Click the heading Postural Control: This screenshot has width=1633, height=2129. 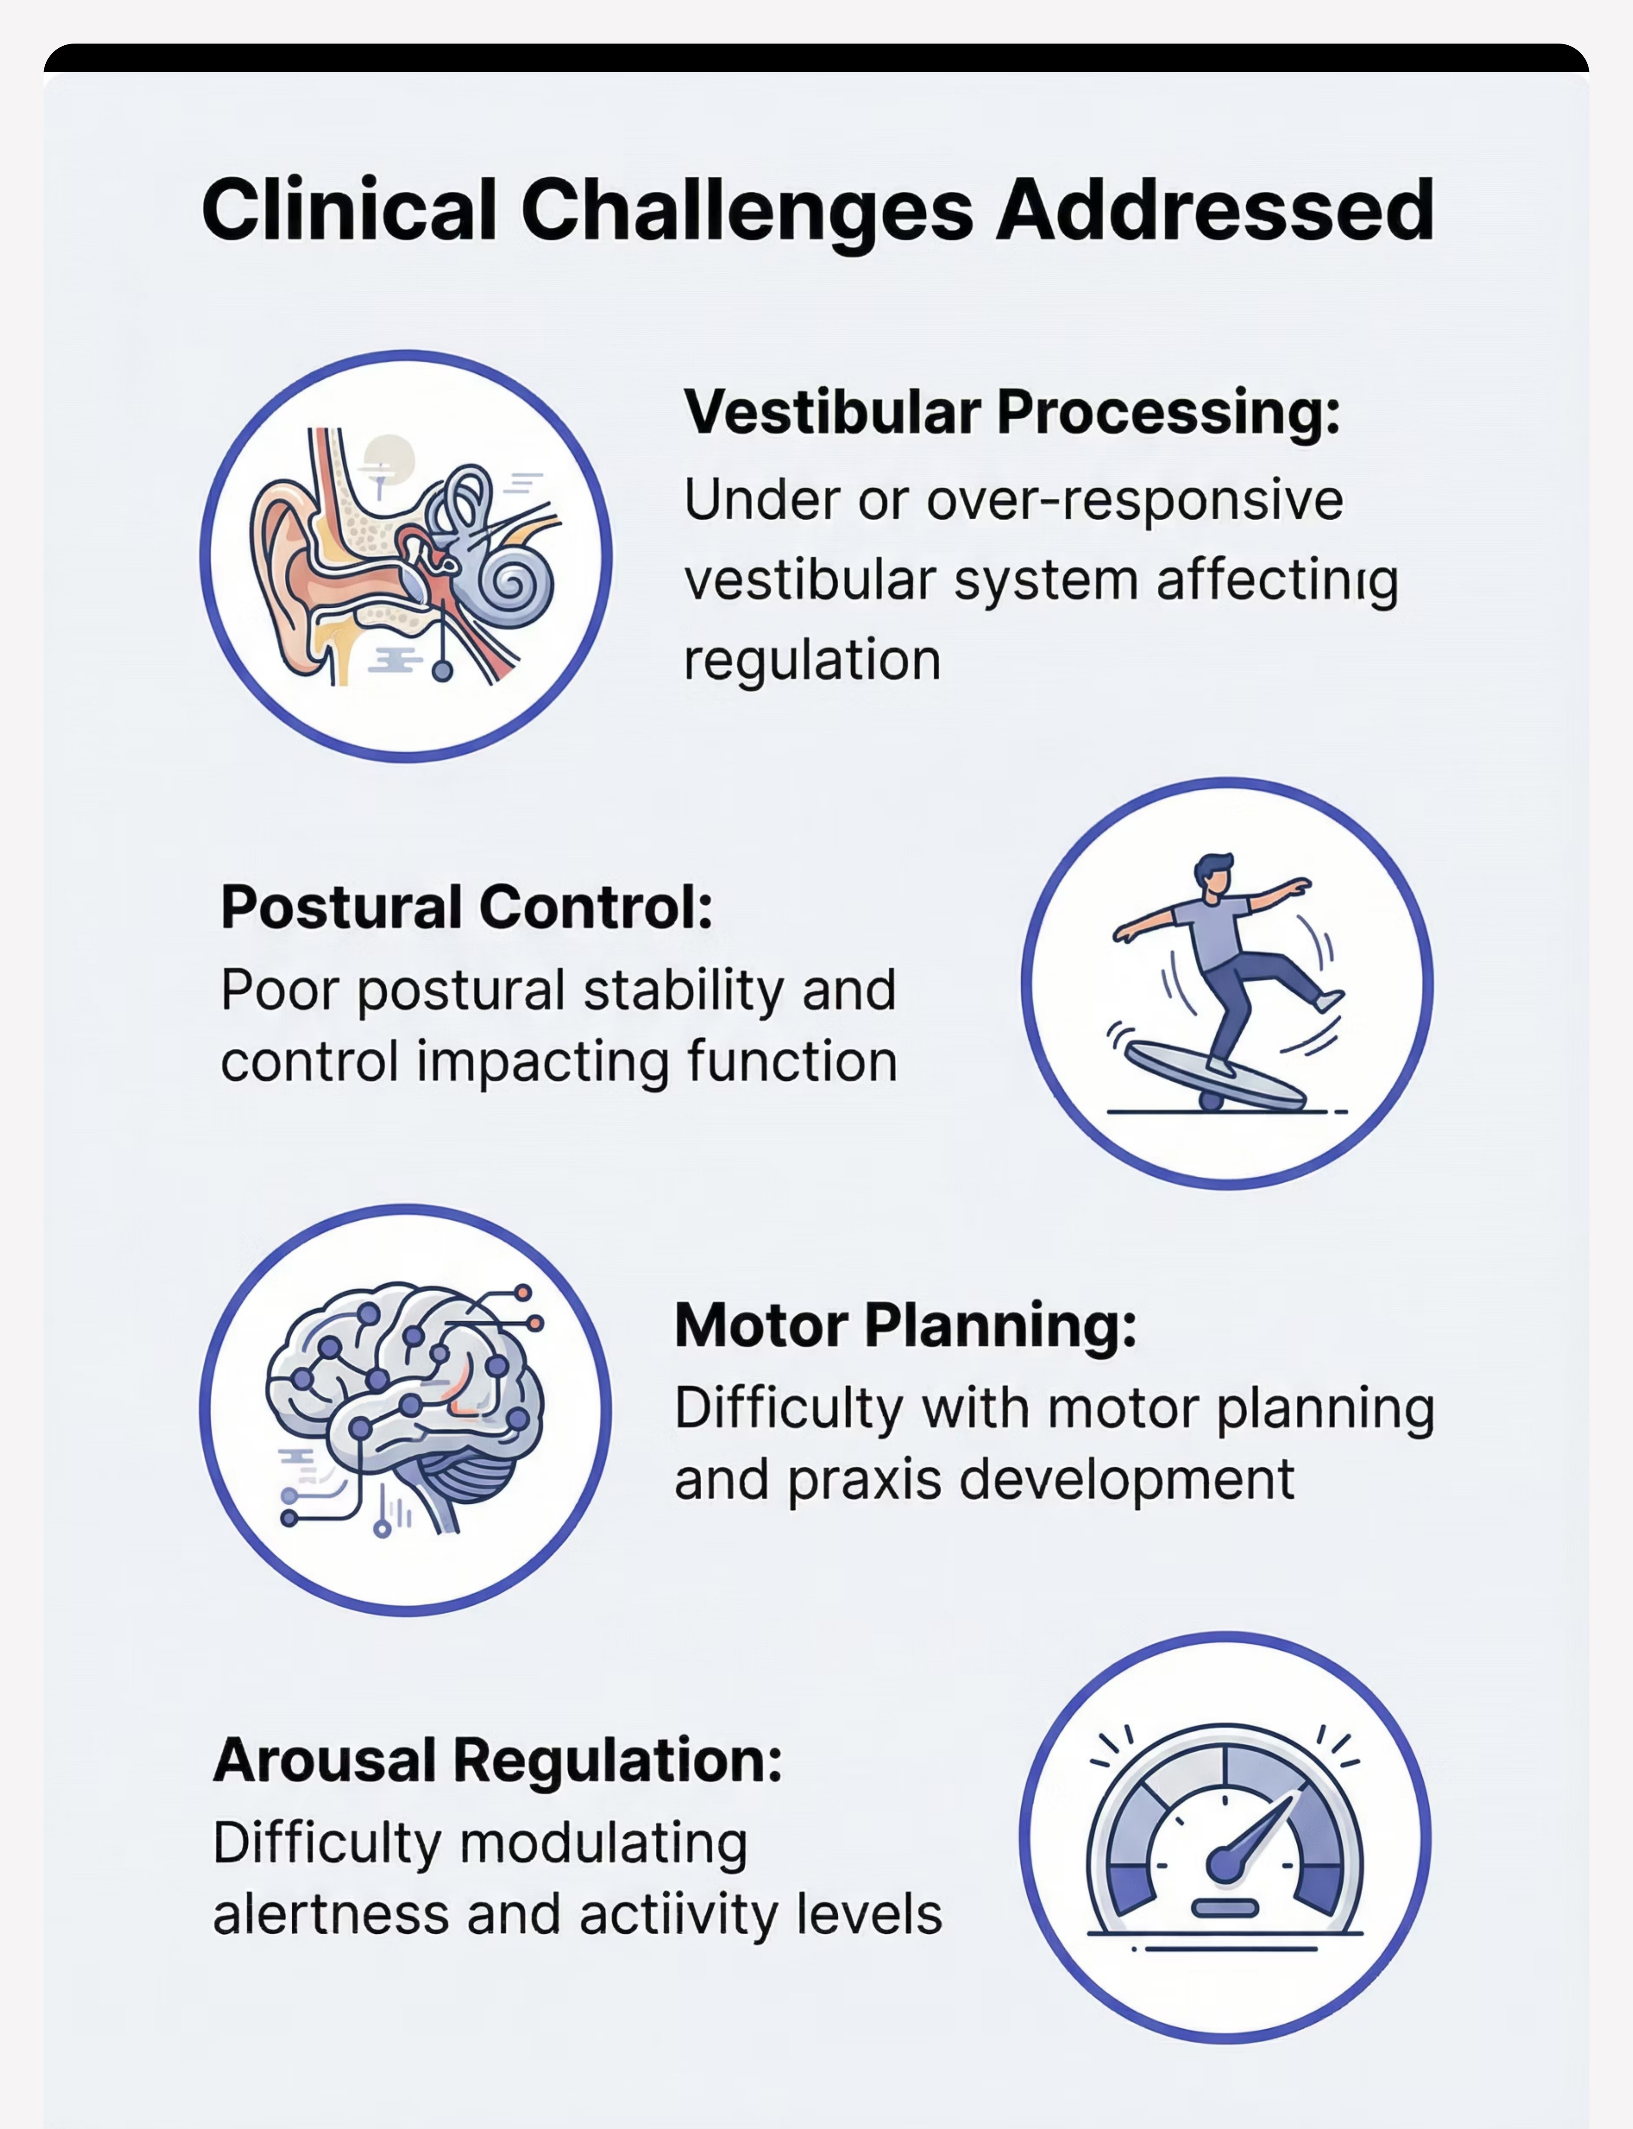466,908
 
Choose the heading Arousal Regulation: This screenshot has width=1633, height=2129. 498,1760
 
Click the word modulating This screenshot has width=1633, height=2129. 603,1844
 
